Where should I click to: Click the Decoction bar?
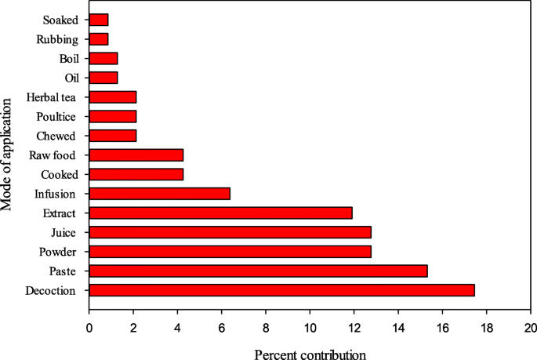pos(281,289)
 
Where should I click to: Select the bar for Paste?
pos(258,271)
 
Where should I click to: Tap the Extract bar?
pos(220,213)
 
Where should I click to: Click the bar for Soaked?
pos(99,20)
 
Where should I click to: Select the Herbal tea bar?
pos(113,97)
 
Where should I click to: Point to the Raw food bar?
pos(136,155)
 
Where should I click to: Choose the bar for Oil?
pos(103,78)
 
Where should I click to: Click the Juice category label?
pos(65,232)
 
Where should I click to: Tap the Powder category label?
pos(60,251)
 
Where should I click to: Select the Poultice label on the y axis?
pos(56,116)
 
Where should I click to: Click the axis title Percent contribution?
pos(310,355)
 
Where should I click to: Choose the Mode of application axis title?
pos(9,155)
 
